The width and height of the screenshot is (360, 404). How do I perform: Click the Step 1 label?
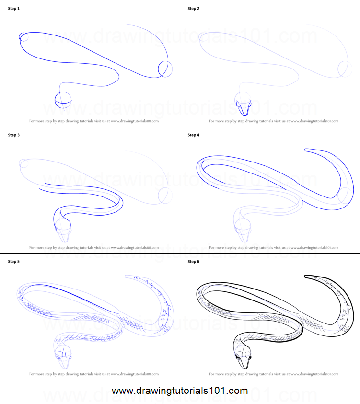pos(14,9)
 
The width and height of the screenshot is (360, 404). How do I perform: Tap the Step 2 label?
pos(193,9)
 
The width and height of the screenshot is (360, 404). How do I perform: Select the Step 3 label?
pos(14,135)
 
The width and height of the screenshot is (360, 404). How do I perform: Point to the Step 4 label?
pos(193,135)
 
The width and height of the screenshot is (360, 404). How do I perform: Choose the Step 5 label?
pos(14,262)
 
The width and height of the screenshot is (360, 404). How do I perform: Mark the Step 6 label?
pos(193,262)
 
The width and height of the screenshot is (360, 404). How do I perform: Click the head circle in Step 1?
pos(63,100)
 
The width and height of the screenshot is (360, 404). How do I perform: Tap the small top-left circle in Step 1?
pos(24,37)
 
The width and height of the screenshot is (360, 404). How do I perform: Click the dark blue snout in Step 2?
pos(244,108)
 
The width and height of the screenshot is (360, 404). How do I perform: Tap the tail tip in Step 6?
pos(307,277)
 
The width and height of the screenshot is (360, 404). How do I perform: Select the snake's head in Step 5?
pos(64,356)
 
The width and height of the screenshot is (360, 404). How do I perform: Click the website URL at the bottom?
pos(180,391)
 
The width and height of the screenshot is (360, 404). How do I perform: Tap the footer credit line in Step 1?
pos(94,121)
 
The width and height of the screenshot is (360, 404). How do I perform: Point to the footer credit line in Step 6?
pos(273,374)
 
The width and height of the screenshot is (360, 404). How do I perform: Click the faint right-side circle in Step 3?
pos(165,195)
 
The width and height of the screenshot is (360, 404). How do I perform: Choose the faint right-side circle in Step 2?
pos(344,68)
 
